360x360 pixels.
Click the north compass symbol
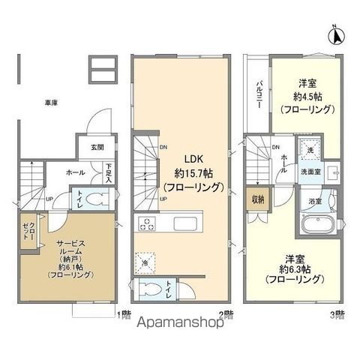337,33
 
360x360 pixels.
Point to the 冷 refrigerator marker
145,262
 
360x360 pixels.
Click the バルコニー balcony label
258,94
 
